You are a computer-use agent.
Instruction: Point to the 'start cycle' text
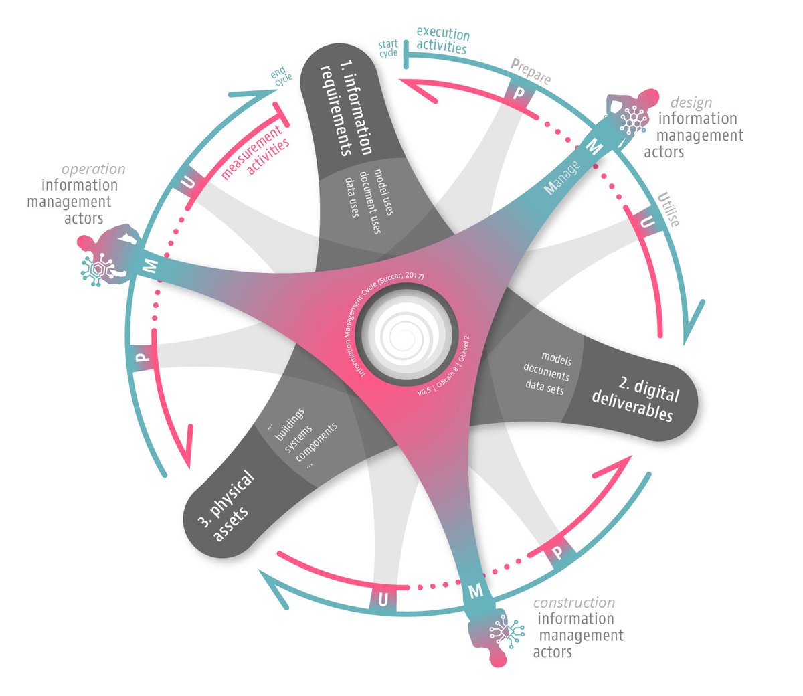click(388, 48)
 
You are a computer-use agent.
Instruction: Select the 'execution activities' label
click(442, 40)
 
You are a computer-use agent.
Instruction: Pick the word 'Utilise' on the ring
click(668, 209)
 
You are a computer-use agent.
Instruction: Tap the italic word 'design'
click(691, 102)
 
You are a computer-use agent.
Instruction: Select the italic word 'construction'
click(574, 602)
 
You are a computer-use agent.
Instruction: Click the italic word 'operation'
click(93, 169)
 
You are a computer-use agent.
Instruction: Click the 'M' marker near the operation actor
click(151, 266)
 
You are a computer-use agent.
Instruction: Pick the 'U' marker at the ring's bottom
click(383, 600)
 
